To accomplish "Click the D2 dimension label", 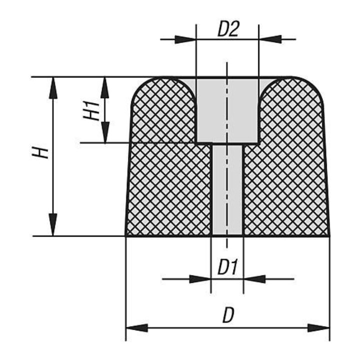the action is tap(228, 28).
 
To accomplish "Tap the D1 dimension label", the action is tap(227, 267).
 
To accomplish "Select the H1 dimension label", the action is tap(91, 111).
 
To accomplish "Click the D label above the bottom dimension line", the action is tap(228, 315).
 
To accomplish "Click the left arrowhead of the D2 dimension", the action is tap(185, 39).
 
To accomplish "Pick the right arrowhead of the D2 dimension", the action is tap(270, 39).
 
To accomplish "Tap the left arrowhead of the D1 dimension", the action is tap(200, 279).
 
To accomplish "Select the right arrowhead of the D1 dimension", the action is tap(254, 279).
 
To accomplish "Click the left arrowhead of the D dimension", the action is tap(137, 328).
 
